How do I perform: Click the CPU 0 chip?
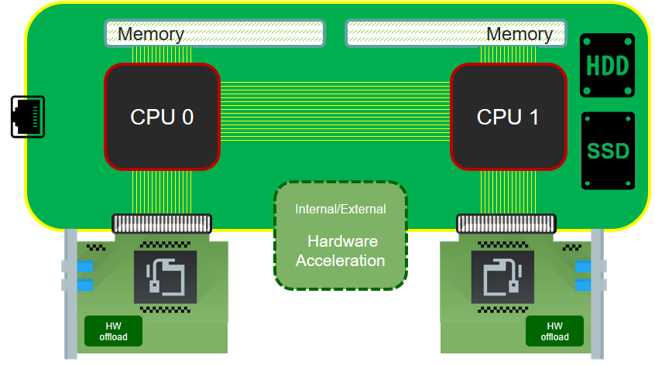[162, 117]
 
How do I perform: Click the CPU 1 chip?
[508, 117]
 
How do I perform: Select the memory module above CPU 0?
[214, 33]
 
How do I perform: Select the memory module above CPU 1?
[456, 33]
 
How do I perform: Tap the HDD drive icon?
[607, 66]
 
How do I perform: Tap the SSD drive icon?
[607, 151]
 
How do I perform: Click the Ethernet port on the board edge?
[28, 117]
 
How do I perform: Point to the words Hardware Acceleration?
[341, 250]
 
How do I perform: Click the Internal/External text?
[341, 209]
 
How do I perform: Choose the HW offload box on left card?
[113, 331]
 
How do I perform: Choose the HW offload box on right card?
[554, 331]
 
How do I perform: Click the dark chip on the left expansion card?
[166, 277]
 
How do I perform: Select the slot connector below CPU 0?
[161, 224]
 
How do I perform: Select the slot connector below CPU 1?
[508, 224]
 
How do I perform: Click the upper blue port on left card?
[83, 267]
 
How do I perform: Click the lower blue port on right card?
[583, 285]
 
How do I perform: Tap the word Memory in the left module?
[151, 34]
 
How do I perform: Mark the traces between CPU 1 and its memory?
[508, 54]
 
